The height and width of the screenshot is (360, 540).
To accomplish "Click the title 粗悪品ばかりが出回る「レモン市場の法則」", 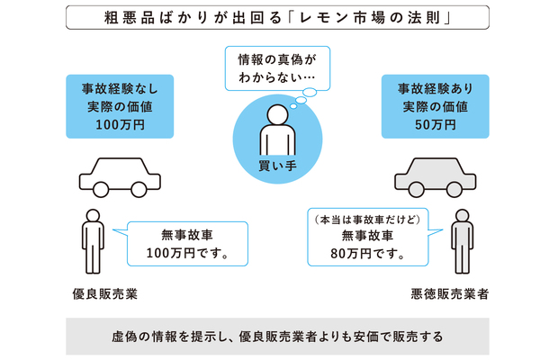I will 270,18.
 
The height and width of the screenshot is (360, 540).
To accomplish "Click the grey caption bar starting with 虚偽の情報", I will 270,337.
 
